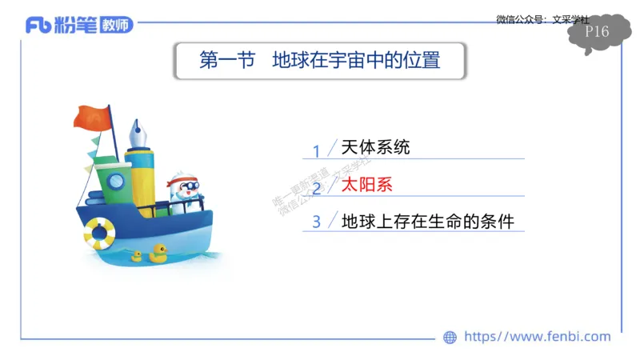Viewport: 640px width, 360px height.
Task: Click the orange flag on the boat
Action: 90,118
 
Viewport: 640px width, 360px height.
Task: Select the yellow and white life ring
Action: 99,233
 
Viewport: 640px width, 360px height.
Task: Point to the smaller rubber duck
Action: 136,257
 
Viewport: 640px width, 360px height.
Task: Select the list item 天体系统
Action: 375,148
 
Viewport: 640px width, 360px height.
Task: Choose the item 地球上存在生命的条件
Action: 427,221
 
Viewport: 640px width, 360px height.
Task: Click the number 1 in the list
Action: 316,150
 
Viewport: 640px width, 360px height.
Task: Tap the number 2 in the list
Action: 316,188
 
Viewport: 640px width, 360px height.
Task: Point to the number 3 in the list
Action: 316,222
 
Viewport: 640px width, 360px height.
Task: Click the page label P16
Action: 597,32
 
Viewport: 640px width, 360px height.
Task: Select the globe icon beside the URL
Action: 450,338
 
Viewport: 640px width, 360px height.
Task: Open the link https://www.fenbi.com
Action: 537,337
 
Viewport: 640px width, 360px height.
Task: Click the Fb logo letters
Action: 38,26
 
